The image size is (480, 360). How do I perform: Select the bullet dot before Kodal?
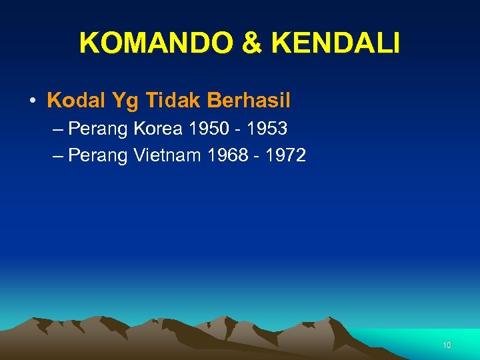32,101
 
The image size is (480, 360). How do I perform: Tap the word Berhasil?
249,101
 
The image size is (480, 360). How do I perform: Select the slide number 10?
447,345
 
